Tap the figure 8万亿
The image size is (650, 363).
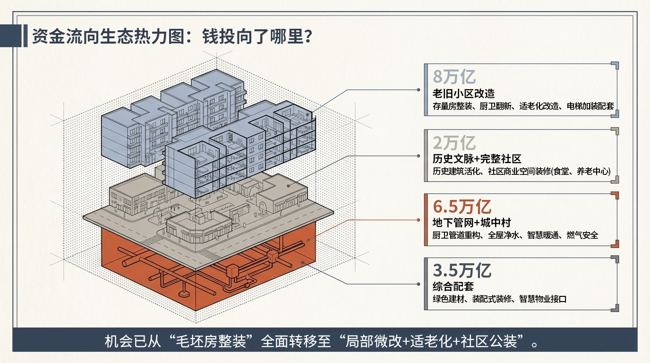point(454,77)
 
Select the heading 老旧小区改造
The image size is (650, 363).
point(463,93)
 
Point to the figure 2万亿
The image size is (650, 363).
point(454,142)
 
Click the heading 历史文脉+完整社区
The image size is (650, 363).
point(477,159)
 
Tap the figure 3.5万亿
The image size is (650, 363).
point(462,271)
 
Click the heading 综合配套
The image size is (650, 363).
point(453,286)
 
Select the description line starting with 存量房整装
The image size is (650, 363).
point(523,106)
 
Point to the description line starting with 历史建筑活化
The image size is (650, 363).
point(522,172)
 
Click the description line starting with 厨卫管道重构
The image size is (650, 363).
point(515,235)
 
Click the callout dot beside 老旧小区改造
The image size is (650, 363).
point(419,89)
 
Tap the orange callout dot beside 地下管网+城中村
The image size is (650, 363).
point(419,220)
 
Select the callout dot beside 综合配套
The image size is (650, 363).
point(419,284)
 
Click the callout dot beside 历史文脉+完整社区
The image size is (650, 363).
point(419,156)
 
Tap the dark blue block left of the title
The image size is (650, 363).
point(10,36)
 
